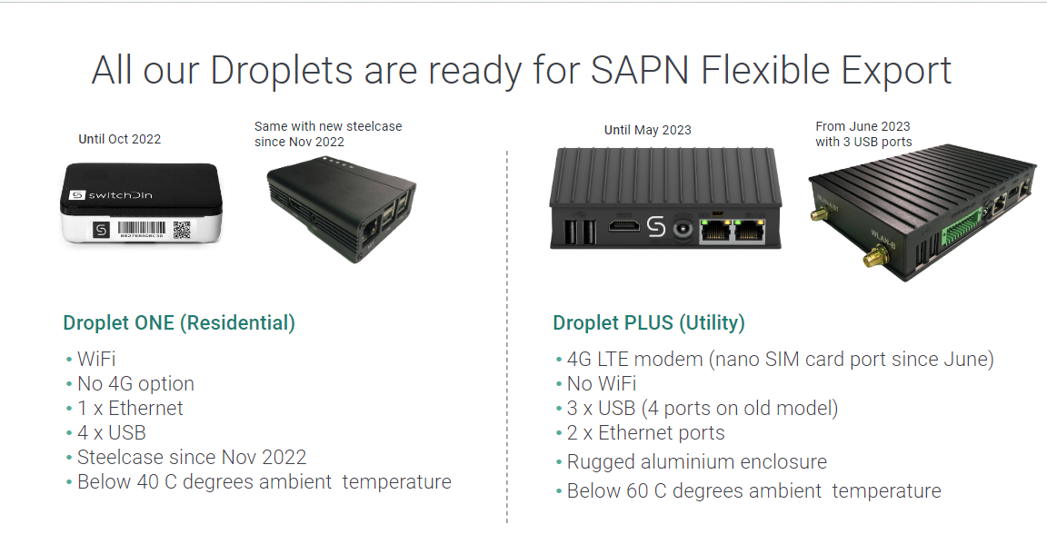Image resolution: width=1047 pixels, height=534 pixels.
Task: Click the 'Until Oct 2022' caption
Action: [120, 139]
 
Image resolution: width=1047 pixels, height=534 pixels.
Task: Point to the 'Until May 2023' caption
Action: [647, 130]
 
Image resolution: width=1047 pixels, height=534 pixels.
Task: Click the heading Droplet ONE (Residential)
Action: [179, 322]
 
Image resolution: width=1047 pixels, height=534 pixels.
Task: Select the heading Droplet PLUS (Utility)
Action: [648, 322]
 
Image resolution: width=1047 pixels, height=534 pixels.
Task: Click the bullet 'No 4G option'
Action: [135, 384]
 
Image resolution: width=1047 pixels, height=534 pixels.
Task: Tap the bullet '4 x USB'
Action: [111, 433]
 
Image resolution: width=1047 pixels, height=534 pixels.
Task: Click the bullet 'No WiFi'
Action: [601, 384]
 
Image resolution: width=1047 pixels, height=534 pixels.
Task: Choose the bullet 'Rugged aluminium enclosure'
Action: [696, 462]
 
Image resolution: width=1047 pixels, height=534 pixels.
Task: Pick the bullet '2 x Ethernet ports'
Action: [645, 433]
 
